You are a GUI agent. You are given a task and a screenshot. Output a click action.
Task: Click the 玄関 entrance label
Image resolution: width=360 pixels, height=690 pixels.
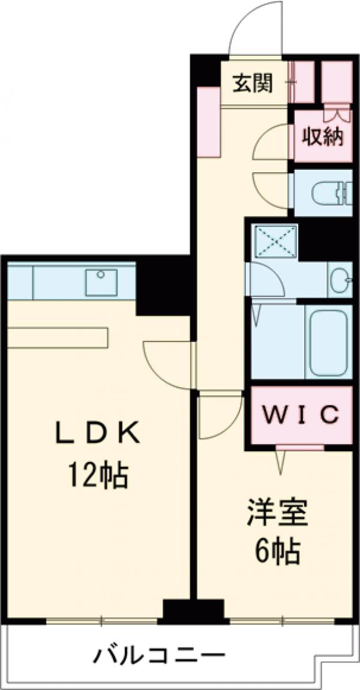coord(252,84)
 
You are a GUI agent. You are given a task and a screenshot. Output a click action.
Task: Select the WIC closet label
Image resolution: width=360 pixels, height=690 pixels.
coord(301,414)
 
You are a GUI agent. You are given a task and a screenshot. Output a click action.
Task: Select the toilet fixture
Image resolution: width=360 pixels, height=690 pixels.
coord(327,193)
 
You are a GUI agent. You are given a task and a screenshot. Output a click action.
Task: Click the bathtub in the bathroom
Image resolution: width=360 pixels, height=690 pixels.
coord(328,342)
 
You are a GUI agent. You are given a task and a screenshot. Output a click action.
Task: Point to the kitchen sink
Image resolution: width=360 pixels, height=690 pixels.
coord(101,282)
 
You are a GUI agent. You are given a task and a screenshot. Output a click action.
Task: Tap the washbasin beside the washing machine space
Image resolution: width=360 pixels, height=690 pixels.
coord(339,280)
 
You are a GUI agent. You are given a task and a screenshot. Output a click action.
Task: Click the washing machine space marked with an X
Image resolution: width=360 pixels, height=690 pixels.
coord(274,242)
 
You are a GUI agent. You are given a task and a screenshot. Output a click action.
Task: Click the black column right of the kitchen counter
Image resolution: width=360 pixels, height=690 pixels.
coord(163,286)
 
